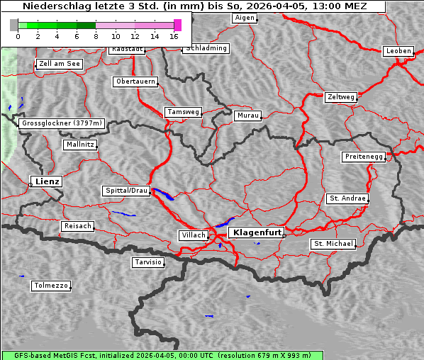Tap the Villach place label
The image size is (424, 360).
coord(192,235)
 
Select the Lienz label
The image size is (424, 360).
coord(48,182)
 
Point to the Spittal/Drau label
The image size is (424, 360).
coord(126,191)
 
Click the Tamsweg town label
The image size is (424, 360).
coord(184,112)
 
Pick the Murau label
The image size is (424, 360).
coord(248,115)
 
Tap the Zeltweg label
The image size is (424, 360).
coord(340,96)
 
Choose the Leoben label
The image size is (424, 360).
coord(398,51)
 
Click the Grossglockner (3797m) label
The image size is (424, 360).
coord(62,123)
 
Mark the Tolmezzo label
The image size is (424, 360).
coord(50,286)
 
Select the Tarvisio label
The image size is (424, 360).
coord(148,262)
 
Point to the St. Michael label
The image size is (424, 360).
coord(333,244)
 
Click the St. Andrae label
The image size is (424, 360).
coord(347,198)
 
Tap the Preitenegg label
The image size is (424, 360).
coord(364,157)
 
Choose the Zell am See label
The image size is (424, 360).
coord(60,64)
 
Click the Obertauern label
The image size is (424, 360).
coord(135,81)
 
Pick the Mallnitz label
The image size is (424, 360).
coord(79,145)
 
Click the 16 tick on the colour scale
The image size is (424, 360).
coord(174,35)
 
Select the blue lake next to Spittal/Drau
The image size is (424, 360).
coord(162,194)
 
